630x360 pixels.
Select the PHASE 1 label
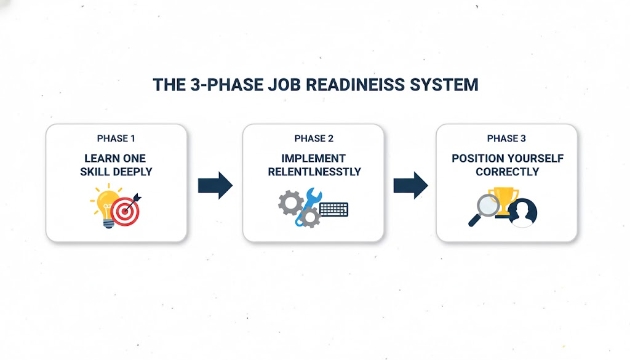[x=116, y=138]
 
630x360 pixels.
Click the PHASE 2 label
[x=314, y=138]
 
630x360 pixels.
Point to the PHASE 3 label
[x=506, y=138]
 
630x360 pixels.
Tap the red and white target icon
[x=126, y=210]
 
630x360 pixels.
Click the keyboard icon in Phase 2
[x=333, y=209]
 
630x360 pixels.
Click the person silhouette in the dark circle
[x=522, y=212]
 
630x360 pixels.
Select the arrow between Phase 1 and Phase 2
[x=215, y=185]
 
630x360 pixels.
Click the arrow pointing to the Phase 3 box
[x=410, y=185]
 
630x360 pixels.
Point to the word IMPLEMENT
[x=314, y=159]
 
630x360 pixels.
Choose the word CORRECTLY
[x=507, y=172]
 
